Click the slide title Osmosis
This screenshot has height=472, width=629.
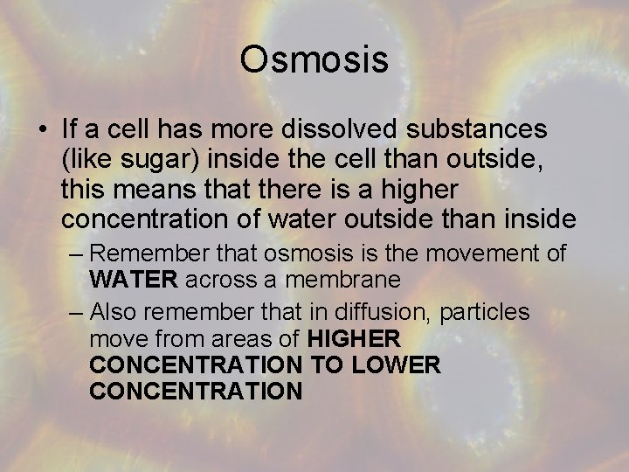point(314,60)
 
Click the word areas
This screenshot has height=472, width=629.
point(245,338)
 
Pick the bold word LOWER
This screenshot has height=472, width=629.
point(397,364)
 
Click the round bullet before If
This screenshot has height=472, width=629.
point(43,130)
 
